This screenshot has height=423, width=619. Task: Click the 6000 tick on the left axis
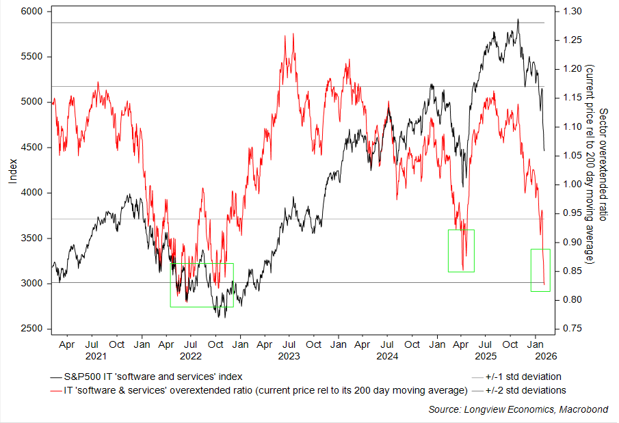(32, 12)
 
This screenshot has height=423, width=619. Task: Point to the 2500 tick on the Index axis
(32, 329)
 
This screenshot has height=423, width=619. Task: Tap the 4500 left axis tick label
(32, 148)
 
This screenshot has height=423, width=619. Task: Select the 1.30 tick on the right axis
(573, 12)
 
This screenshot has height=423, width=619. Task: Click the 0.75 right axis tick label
(573, 329)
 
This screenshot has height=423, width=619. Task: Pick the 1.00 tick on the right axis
(573, 185)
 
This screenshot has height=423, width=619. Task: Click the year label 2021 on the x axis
(96, 356)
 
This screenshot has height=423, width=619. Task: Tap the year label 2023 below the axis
(289, 356)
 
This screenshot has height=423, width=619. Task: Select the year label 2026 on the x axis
(538, 356)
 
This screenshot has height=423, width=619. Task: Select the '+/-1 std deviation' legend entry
(523, 377)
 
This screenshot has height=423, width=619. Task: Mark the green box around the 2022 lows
(202, 285)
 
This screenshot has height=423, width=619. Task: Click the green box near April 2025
(461, 251)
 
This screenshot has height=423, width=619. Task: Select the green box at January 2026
(540, 270)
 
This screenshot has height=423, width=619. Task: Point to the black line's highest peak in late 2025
(518, 20)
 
